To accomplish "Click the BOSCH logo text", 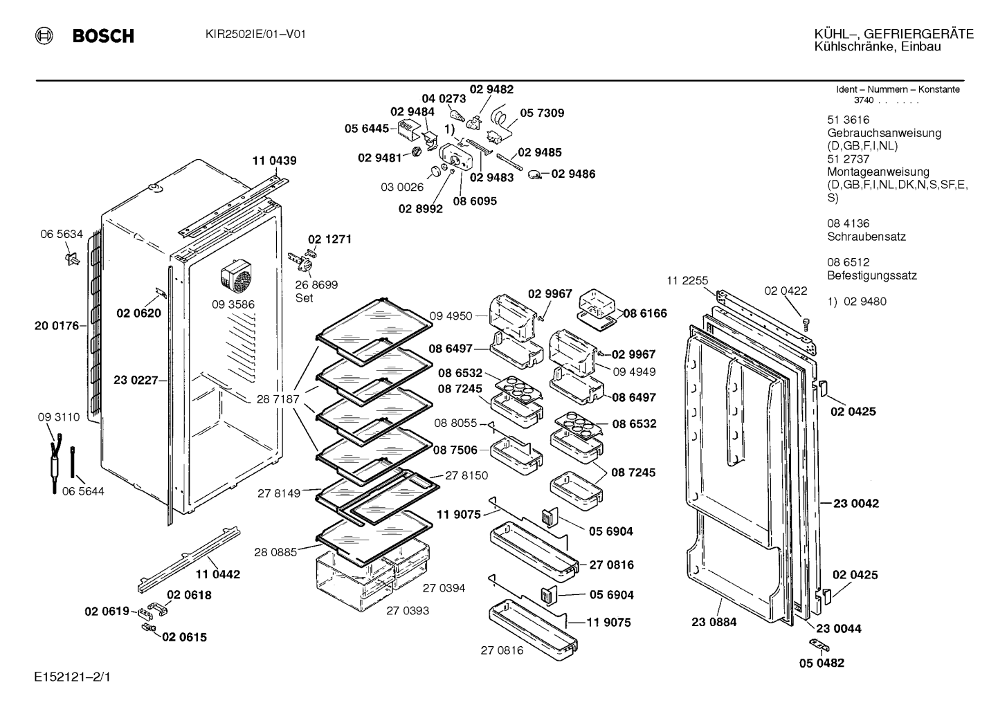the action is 103,35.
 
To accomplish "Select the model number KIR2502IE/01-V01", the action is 256,35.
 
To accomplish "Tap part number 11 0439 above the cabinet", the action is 275,161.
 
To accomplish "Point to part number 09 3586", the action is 233,304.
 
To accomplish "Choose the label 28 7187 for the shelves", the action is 278,399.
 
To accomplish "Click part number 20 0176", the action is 57,326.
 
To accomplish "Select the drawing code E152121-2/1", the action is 72,677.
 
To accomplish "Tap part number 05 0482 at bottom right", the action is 822,663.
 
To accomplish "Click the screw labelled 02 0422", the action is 806,324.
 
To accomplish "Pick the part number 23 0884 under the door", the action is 714,622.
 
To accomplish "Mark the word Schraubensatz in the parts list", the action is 867,237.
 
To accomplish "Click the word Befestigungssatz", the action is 872,275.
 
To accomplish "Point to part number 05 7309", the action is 542,113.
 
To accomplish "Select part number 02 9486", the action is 574,174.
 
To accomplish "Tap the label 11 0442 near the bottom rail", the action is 218,574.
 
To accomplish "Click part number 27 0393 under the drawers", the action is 408,611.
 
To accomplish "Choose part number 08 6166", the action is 645,313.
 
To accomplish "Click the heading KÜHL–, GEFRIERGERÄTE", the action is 894,35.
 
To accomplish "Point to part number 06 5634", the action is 62,234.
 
